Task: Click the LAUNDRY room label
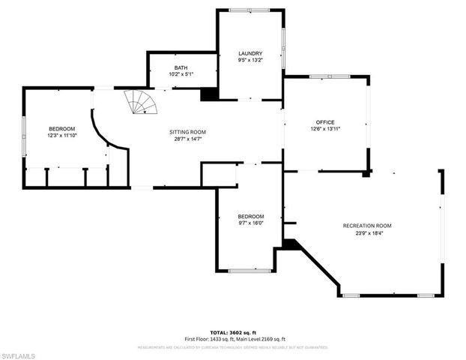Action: click(x=250, y=53)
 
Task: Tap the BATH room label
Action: click(x=181, y=67)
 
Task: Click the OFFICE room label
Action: click(x=324, y=121)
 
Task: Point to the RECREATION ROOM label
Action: click(x=367, y=226)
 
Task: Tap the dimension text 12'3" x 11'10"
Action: click(x=61, y=136)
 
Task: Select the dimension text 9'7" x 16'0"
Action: click(x=251, y=223)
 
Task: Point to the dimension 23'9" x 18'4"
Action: click(x=367, y=232)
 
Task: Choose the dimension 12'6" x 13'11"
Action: click(x=324, y=129)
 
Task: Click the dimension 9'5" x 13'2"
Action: click(x=250, y=60)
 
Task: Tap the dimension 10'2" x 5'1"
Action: click(x=181, y=74)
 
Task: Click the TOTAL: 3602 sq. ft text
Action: click(x=232, y=331)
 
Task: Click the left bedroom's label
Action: click(x=61, y=129)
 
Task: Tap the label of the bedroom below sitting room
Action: click(x=251, y=217)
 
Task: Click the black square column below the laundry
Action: click(x=209, y=94)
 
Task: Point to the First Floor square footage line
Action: click(x=232, y=340)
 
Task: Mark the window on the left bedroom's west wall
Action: click(x=24, y=134)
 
